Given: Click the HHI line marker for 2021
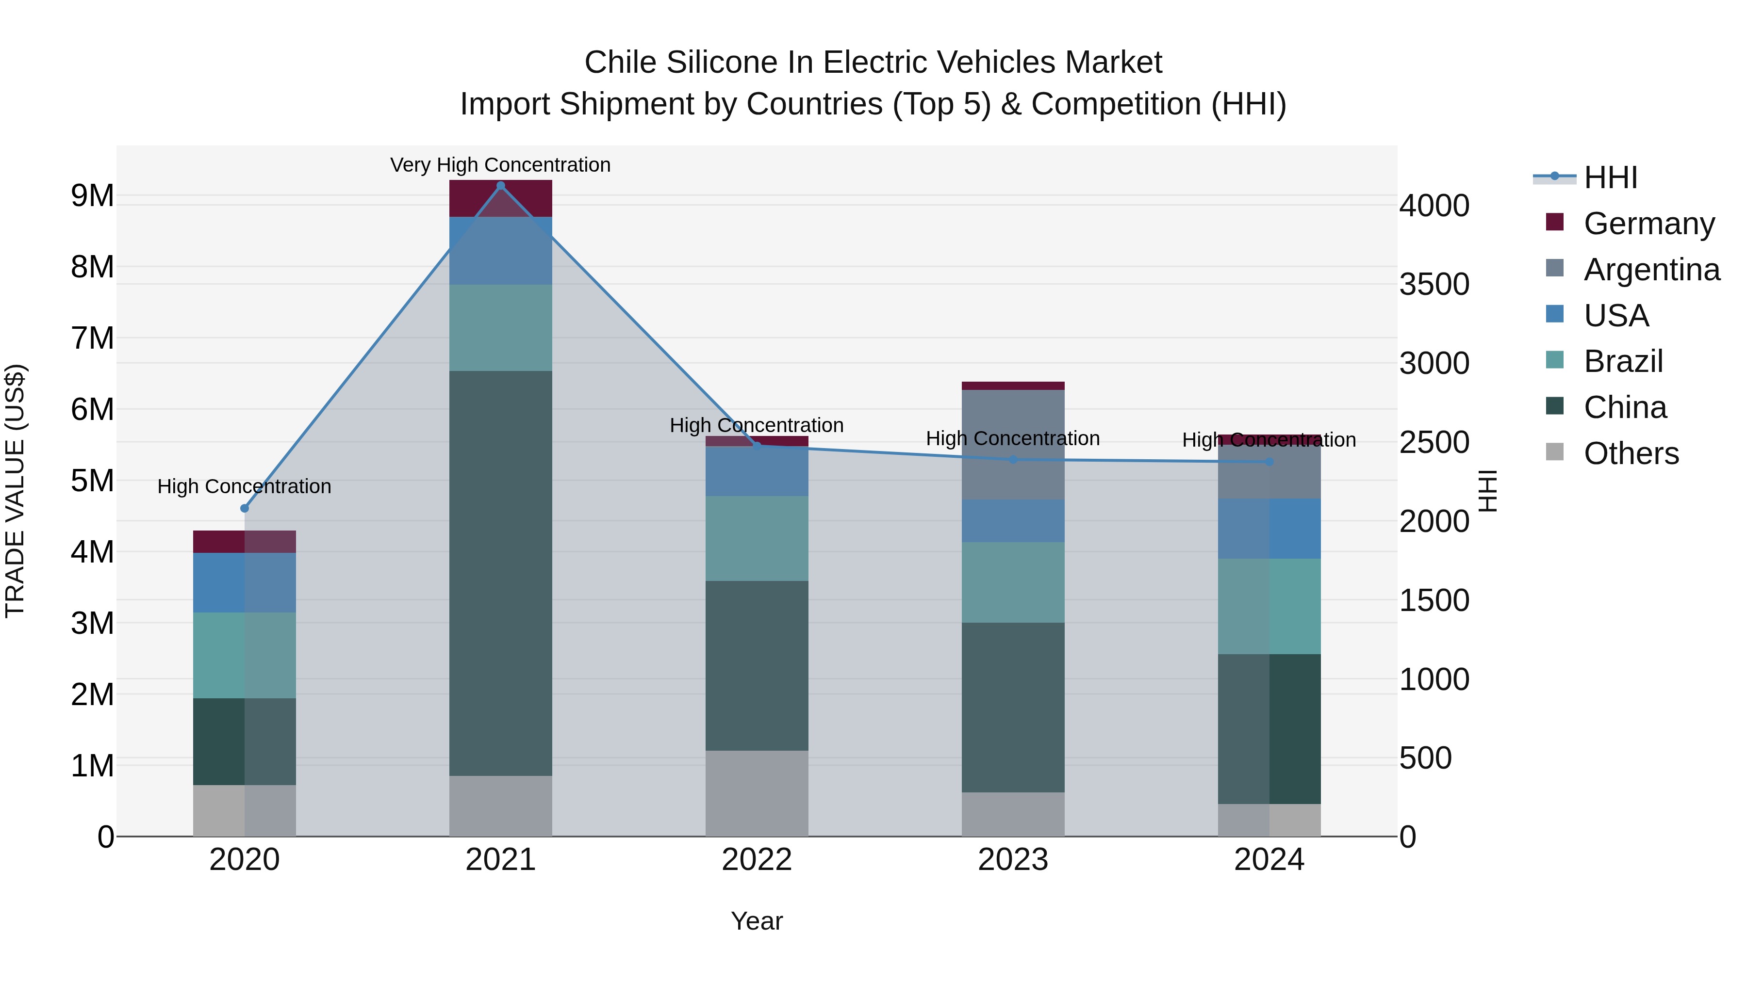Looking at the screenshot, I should [500, 186].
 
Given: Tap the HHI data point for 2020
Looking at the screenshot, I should [245, 508].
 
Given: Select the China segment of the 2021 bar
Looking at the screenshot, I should [500, 573].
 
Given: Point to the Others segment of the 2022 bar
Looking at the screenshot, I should [757, 793].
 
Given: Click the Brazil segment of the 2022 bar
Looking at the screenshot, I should [757, 538].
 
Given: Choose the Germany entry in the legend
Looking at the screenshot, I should [1648, 224].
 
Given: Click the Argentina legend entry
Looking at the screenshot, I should [1651, 270].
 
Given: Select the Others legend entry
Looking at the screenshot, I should [1631, 453].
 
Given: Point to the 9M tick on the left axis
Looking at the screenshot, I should [93, 196].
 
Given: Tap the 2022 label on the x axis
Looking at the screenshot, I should [757, 860].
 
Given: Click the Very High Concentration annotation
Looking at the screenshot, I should [500, 165].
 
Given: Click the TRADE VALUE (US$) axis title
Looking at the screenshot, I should [15, 491].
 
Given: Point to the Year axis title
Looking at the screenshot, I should [757, 921].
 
